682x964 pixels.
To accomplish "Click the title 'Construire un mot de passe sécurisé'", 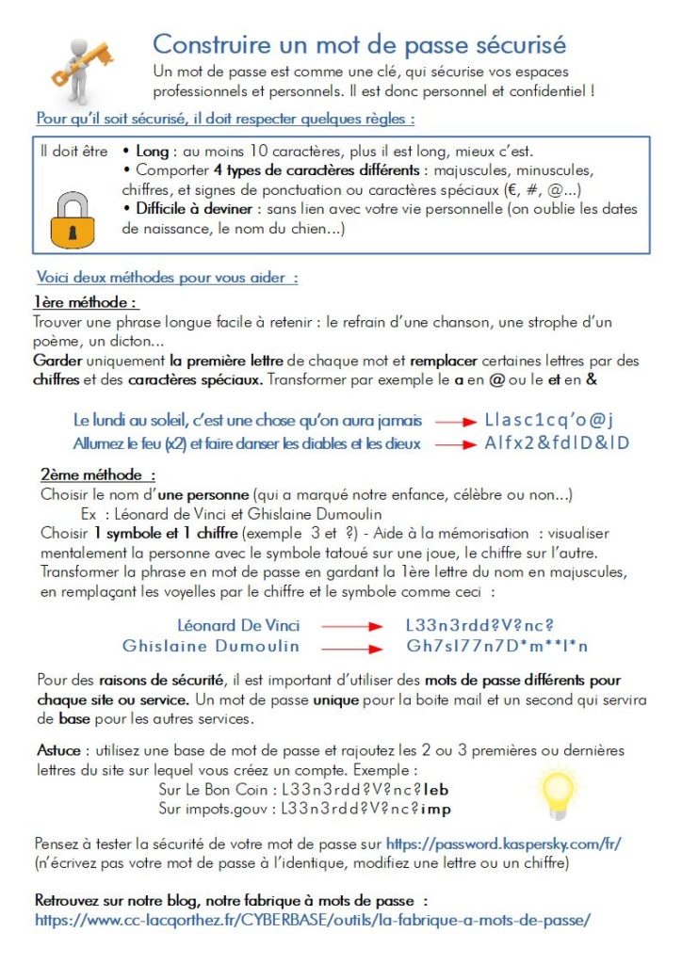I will [359, 43].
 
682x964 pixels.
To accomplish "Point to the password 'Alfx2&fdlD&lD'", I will [556, 442].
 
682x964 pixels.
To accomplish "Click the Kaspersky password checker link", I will [503, 843].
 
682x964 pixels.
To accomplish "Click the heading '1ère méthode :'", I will [86, 302].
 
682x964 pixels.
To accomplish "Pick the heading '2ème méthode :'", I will [97, 475].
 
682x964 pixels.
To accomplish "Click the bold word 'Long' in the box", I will [152, 151].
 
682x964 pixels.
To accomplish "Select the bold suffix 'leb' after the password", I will [438, 789].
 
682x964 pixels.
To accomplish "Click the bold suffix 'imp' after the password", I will [438, 808].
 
